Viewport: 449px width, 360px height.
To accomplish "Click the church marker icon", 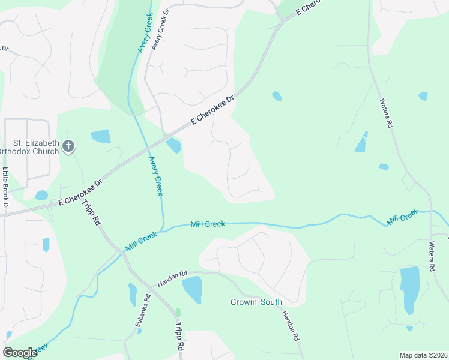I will point(68,146).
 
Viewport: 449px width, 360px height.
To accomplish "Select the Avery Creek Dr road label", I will point(159,30).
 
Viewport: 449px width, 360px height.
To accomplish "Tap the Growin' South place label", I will point(256,302).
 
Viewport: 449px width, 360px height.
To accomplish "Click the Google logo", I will point(20,353).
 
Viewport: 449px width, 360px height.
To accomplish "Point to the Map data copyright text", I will point(424,355).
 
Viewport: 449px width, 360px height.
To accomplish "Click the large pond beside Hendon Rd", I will point(192,290).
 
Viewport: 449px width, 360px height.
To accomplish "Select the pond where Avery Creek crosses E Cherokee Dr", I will point(173,145).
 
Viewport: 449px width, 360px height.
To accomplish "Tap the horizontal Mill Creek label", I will point(208,224).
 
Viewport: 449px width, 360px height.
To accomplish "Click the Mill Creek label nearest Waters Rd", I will point(402,217).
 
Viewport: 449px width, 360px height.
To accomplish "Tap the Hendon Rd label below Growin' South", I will point(291,325).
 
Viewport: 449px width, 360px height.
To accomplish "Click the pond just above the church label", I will point(101,136).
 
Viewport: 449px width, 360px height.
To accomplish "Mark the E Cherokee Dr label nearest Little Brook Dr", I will point(81,193).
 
